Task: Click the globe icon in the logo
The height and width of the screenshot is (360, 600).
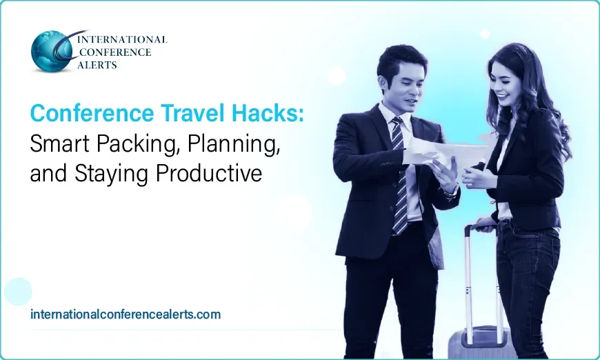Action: point(52,52)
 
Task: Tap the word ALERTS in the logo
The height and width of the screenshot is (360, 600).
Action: point(98,65)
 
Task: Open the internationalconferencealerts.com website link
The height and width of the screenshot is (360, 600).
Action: point(126,314)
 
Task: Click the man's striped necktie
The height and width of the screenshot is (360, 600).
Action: point(399,172)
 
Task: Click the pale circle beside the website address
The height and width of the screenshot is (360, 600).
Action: point(18,291)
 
